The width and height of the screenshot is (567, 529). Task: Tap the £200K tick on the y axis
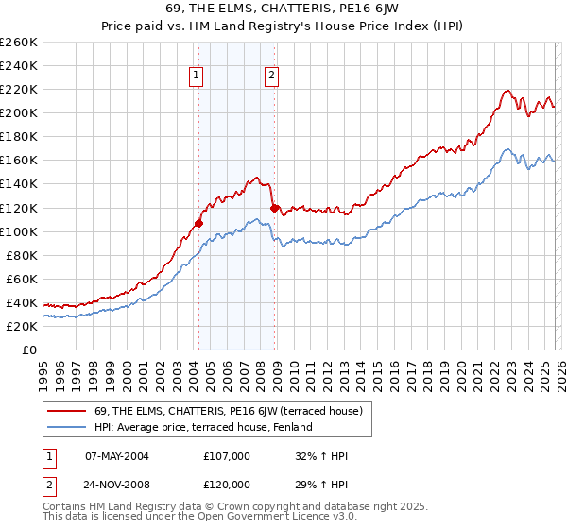point(19,113)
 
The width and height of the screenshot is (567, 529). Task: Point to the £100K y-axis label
point(19,231)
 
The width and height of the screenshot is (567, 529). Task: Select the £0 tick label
point(28,350)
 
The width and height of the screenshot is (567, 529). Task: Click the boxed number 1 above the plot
point(196,77)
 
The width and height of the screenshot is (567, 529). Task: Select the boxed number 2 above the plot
point(271,77)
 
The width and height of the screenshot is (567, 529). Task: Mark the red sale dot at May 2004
point(198,224)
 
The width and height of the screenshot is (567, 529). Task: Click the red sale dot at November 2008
point(274,208)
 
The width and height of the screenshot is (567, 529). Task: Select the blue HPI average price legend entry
point(202,427)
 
